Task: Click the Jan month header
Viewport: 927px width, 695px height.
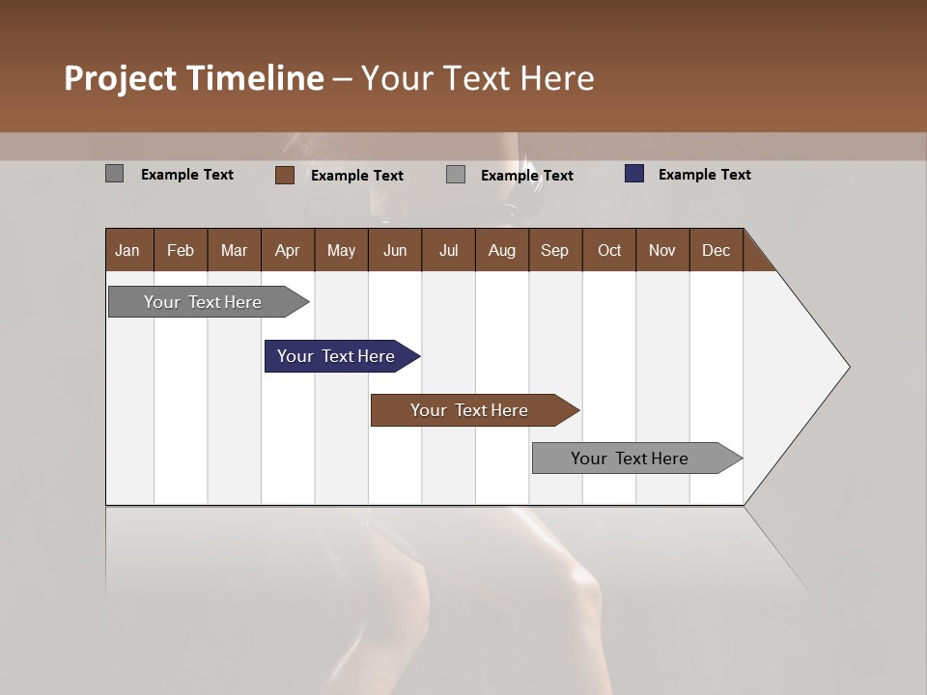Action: coord(127,250)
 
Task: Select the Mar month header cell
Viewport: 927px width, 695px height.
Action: coord(234,250)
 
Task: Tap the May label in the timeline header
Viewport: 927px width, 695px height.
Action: coord(341,250)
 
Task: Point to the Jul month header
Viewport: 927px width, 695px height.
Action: coord(448,250)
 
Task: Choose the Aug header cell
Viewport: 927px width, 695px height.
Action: coord(501,250)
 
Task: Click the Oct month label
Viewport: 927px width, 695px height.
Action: coord(609,250)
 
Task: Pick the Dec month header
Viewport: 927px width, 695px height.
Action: coord(716,250)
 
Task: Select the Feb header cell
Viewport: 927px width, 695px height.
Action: coord(181,250)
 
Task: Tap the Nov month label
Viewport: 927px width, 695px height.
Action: coord(661,250)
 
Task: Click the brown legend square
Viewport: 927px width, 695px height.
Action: coord(285,175)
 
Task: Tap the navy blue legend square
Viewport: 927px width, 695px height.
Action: coord(633,174)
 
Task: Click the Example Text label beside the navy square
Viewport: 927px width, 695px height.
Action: coord(704,175)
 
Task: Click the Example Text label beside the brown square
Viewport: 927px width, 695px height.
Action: coord(356,176)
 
